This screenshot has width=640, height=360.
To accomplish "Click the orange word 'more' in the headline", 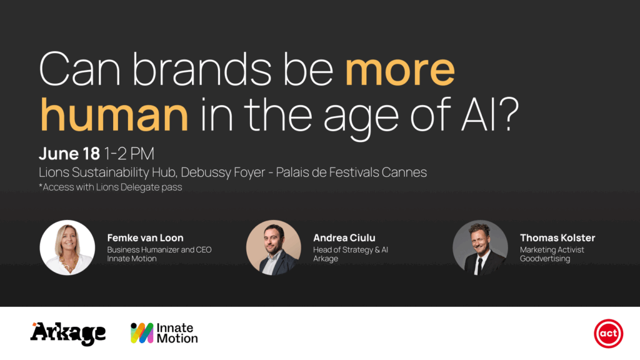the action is point(400,71).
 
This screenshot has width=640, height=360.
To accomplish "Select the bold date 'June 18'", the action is point(69,154).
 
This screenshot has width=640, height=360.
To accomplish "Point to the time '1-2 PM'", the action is point(129,154).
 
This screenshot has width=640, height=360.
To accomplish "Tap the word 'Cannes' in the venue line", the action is point(404,172).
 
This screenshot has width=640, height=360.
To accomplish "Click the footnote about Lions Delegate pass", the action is point(110,187).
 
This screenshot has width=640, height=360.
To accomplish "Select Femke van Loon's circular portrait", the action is point(67,247).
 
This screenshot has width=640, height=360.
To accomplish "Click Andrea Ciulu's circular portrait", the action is point(274,247).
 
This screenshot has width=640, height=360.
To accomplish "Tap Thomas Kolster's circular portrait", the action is point(480,247).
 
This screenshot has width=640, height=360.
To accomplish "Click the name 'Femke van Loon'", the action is point(145,237).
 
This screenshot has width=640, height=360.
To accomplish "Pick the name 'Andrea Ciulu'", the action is point(344,237).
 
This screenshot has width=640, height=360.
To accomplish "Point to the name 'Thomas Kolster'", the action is point(557,237).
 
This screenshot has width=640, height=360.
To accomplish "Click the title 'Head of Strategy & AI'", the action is point(351,250).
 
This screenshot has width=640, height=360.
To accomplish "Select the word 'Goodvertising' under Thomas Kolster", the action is point(545,259).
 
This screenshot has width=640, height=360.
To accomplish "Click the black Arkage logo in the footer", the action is point(68,333).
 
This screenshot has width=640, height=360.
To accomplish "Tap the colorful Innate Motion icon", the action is point(142,333).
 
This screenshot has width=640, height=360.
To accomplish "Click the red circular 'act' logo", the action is point(608,334).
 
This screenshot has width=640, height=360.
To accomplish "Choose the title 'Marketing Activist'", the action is point(552,250).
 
